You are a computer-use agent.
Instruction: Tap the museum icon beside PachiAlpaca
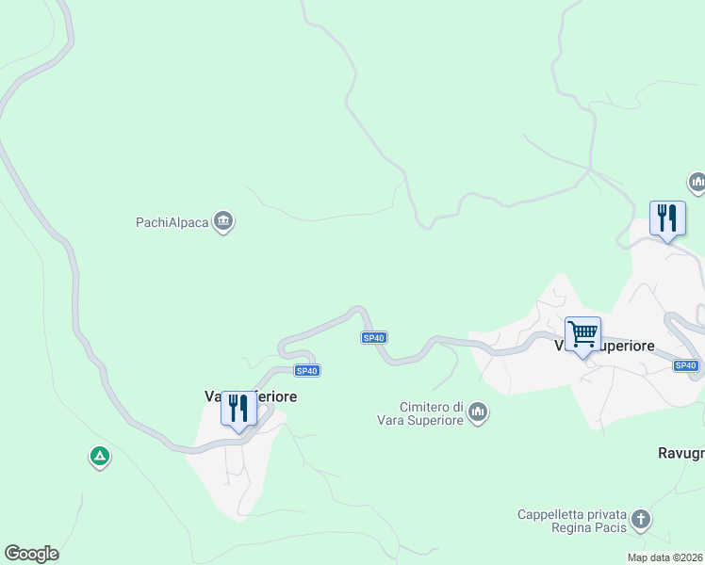pos(223,222)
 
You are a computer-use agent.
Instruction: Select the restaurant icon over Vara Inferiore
pos(238,409)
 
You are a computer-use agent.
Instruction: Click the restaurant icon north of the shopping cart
pos(667,218)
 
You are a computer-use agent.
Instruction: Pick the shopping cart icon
pos(582,333)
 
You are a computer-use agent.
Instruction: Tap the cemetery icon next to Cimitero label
pos(478,413)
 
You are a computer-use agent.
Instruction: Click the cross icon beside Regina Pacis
pos(640,520)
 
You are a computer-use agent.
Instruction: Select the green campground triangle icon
pos(99,458)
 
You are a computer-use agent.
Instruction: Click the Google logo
pos(31,554)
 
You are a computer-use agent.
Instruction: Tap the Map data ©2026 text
pos(664,557)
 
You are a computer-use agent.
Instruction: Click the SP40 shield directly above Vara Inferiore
pos(306,370)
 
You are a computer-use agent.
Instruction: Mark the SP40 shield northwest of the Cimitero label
pos(373,338)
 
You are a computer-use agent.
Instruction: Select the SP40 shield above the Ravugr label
pos(686,365)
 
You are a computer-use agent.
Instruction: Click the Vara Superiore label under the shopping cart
pos(604,346)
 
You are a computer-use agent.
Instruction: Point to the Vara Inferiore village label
pos(251,396)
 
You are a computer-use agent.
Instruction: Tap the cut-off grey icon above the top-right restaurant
pos(697,182)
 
